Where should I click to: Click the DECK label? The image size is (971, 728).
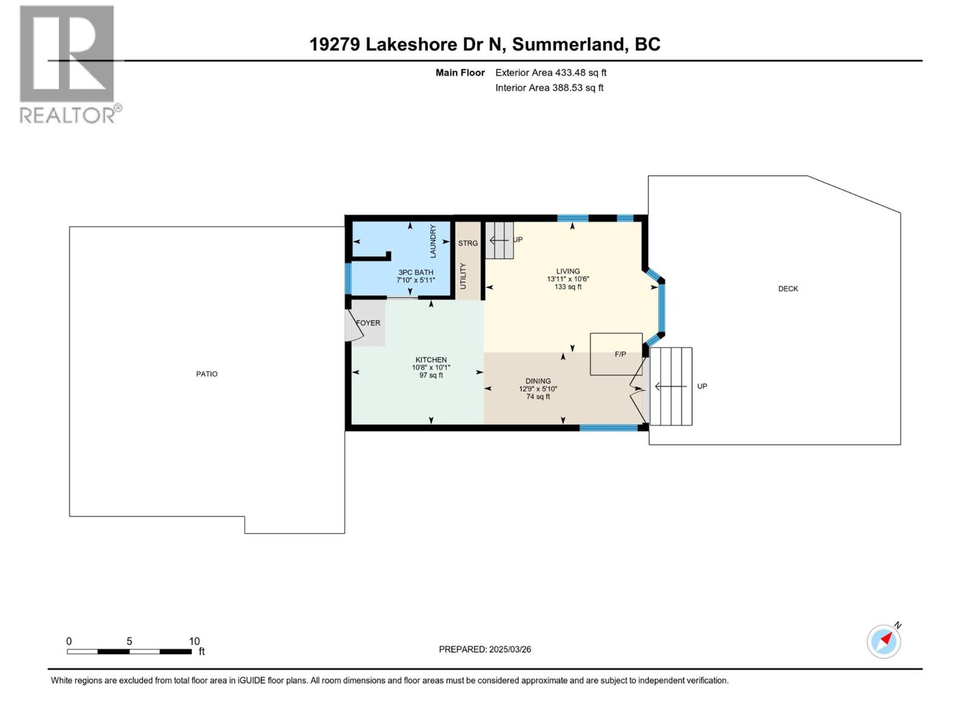point(788,289)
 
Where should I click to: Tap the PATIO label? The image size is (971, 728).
point(206,374)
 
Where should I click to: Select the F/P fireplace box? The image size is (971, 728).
point(616,354)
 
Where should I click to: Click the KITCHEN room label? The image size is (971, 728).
point(431,360)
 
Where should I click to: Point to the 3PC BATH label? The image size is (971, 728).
point(416,272)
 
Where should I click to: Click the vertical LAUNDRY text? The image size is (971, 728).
point(433,241)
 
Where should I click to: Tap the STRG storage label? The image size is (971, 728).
point(468,243)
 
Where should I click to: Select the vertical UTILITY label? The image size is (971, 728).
point(463,276)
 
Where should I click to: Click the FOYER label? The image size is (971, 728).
point(368,323)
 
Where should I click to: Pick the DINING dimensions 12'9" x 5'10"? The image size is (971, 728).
point(538,389)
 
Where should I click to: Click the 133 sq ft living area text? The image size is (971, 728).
point(567,287)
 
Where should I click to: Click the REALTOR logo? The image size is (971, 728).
point(67,64)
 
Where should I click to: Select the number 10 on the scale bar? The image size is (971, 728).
point(194,641)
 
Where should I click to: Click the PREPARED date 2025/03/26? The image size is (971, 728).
point(485,649)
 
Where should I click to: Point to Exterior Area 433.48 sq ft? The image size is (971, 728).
point(550,72)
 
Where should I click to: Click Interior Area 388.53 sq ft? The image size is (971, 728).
point(549,87)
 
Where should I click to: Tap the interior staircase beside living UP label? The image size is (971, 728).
point(499,240)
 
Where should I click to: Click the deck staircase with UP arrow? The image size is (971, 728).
point(671,386)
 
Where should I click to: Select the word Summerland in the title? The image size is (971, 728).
point(568,44)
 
